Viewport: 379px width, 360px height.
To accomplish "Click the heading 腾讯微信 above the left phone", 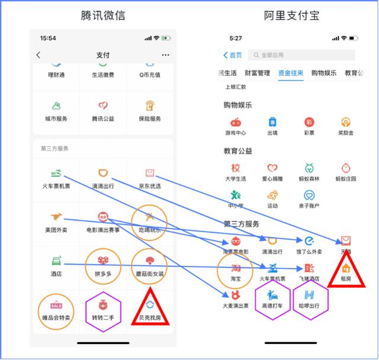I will [x=102, y=15].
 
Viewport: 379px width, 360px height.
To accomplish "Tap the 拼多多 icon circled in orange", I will [x=102, y=260].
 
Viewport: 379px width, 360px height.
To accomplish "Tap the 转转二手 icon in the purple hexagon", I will [x=102, y=306].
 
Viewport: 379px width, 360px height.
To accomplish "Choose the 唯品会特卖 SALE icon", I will [x=56, y=306].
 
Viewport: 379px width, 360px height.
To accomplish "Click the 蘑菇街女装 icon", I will [x=149, y=261].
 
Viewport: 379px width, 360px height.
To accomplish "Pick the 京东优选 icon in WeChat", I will [x=149, y=173].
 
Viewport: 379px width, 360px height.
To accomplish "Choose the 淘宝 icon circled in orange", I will [x=236, y=268].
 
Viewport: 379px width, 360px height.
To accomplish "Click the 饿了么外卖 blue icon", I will [x=309, y=240].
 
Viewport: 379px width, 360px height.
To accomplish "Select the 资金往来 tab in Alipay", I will [x=291, y=73].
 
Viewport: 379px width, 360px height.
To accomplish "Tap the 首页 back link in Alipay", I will [x=232, y=55].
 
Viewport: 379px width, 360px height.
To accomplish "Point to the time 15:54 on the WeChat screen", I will [x=48, y=38].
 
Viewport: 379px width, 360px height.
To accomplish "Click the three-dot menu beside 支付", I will [x=165, y=55].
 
